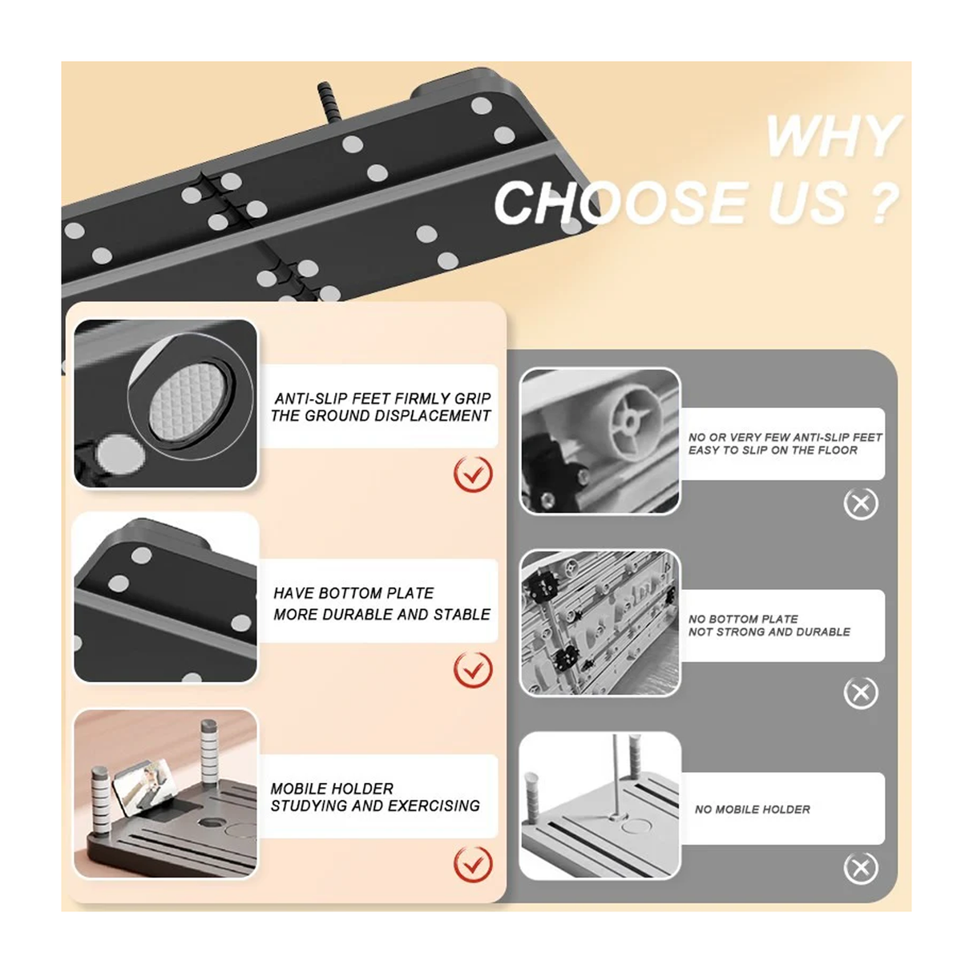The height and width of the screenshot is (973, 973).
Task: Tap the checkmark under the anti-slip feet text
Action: tap(473, 474)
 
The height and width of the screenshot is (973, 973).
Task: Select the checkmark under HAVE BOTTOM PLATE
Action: tap(473, 669)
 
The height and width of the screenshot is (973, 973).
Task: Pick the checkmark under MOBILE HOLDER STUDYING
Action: tap(473, 864)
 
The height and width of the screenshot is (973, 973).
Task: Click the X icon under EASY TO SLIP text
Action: tap(861, 504)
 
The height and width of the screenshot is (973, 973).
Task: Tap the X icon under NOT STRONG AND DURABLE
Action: tap(861, 692)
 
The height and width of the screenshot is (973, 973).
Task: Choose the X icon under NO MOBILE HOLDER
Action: tap(861, 868)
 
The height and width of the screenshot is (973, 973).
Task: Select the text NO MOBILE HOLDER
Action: tap(753, 809)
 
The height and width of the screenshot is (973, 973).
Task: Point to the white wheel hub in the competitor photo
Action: tap(630, 422)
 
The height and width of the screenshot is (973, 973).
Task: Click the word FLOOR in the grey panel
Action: tap(838, 450)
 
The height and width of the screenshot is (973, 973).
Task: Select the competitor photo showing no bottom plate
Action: tap(600, 623)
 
